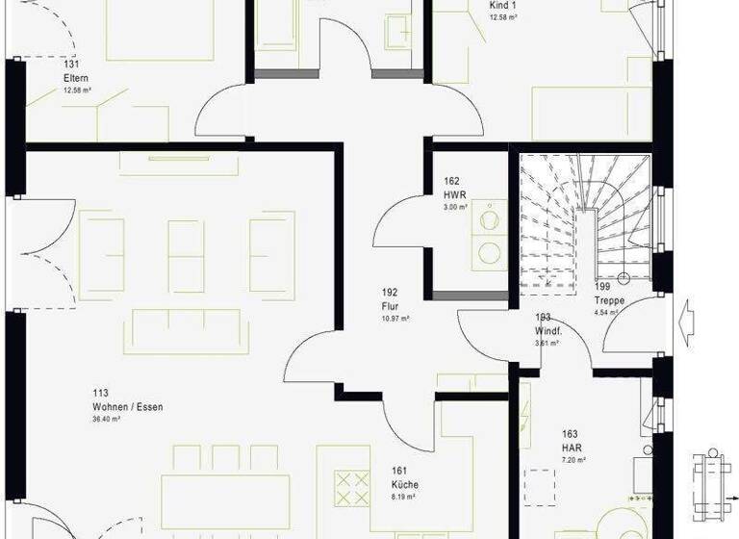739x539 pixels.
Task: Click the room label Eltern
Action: [x=76, y=78]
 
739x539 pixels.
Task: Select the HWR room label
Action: [x=454, y=193]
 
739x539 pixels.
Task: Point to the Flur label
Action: [x=390, y=306]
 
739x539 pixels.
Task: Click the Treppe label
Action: [x=609, y=300]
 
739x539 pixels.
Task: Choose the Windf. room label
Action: [x=548, y=330]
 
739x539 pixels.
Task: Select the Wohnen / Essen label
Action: [x=127, y=407]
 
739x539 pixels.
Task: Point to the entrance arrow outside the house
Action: [x=690, y=319]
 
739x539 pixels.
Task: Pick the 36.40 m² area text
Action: [x=105, y=420]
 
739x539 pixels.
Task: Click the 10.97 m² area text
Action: [x=395, y=319]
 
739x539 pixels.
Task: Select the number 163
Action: [x=570, y=434]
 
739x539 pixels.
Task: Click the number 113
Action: [x=100, y=393]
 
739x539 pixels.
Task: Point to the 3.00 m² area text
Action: [x=454, y=207]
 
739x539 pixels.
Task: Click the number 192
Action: [x=389, y=293]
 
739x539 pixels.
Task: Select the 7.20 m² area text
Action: [x=574, y=460]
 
